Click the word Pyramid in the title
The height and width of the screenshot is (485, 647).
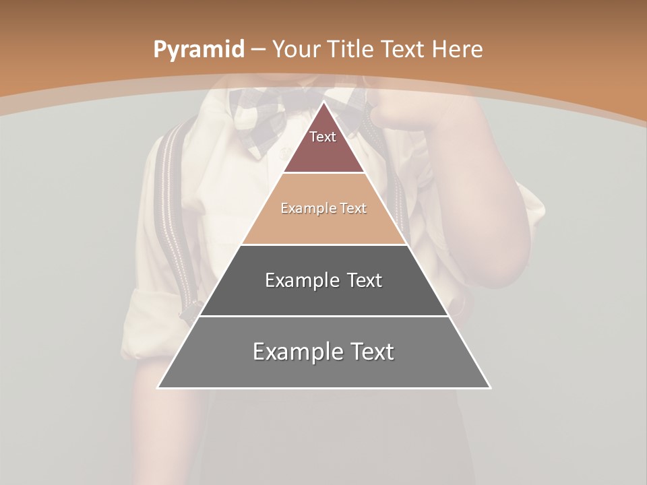click(198, 50)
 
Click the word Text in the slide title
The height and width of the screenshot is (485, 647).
click(403, 50)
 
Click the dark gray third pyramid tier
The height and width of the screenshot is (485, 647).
click(324, 296)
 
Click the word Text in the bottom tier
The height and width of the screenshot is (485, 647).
click(371, 352)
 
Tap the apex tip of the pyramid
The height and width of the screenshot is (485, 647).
click(324, 102)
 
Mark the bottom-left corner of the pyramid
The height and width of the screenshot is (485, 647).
click(158, 387)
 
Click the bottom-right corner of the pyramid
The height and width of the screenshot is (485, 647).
click(490, 387)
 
